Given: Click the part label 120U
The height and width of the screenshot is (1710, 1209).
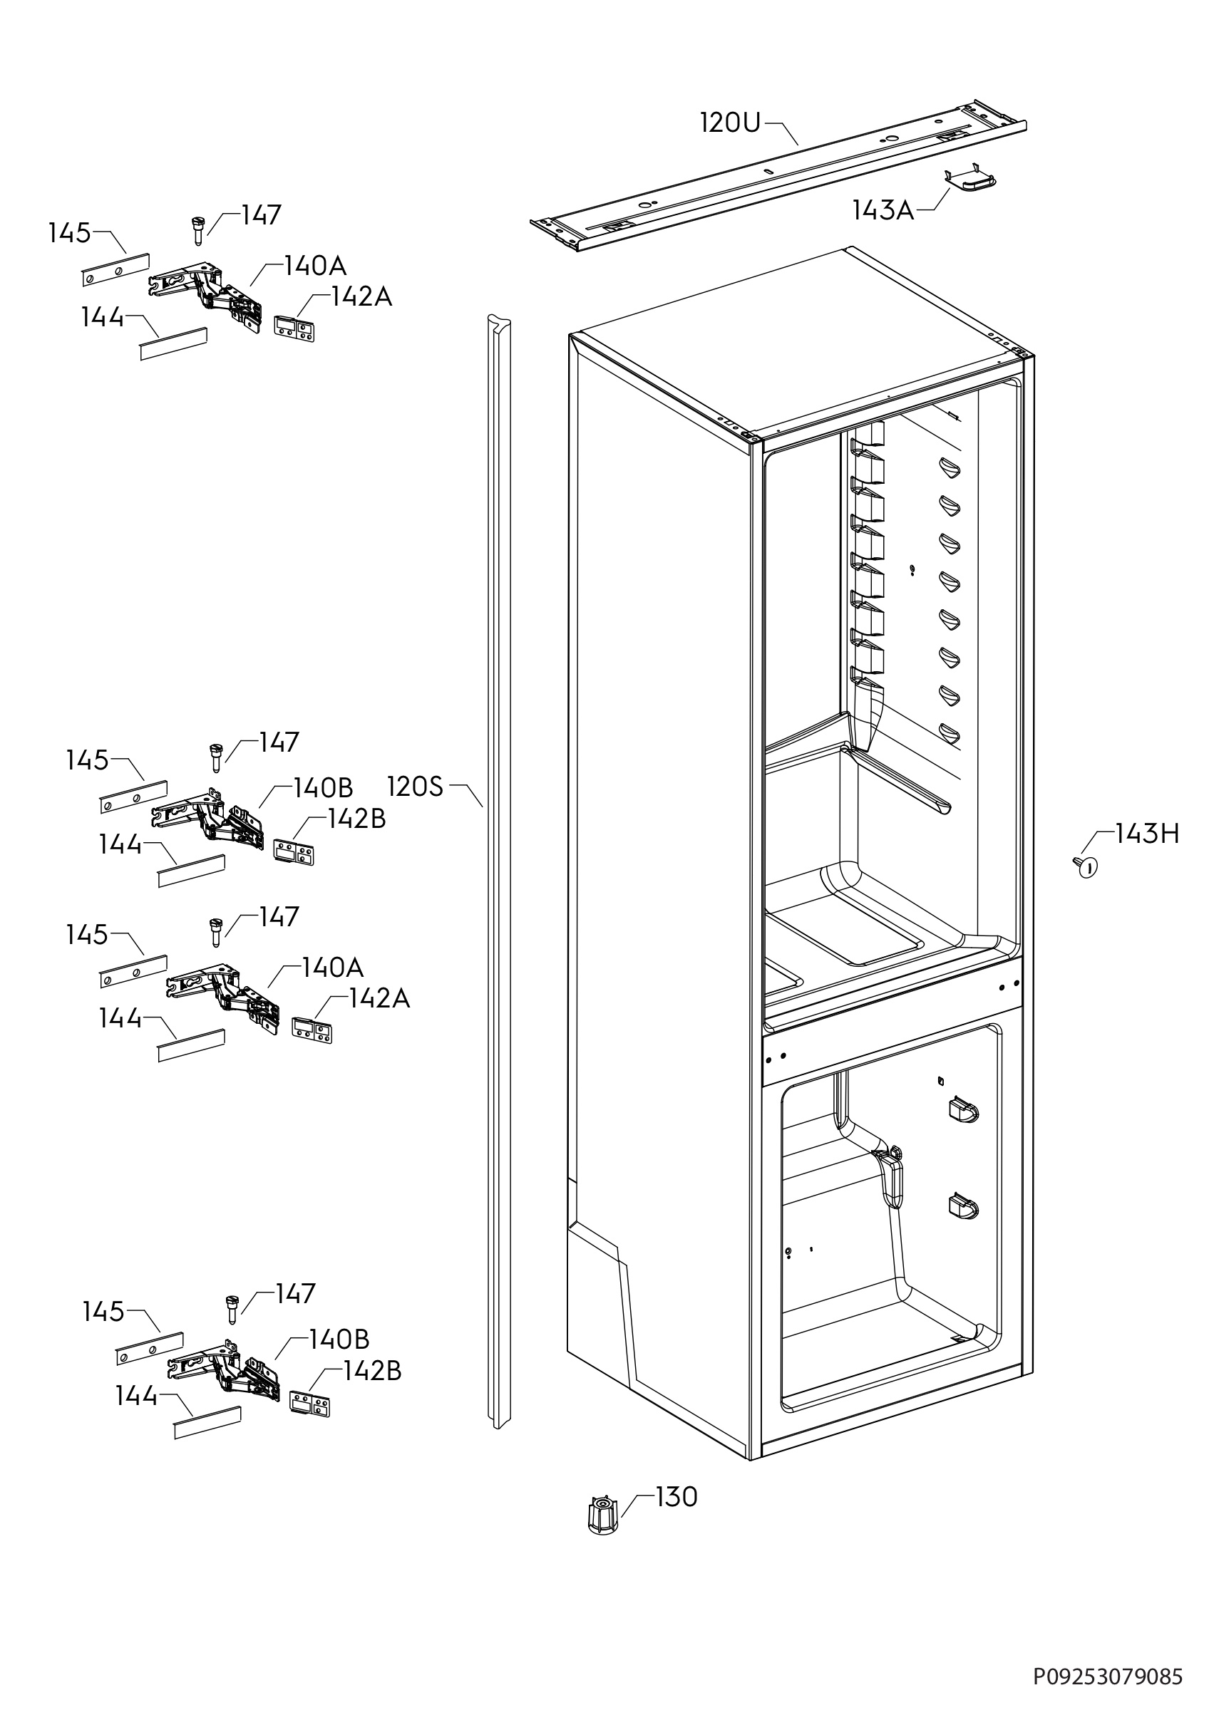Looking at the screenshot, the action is [x=730, y=123].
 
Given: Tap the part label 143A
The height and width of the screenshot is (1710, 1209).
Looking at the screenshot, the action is [x=883, y=211].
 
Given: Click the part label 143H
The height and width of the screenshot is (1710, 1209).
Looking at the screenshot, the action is [x=1147, y=834].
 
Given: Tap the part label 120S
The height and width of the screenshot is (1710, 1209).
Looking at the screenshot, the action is [x=415, y=787].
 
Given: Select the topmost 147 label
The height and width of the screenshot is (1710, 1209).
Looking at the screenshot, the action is [x=261, y=215].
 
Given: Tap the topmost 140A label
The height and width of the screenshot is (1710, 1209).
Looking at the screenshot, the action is [x=315, y=265].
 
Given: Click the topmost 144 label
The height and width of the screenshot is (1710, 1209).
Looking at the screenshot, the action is [x=103, y=317].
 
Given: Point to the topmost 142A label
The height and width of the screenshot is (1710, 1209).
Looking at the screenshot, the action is [x=361, y=296].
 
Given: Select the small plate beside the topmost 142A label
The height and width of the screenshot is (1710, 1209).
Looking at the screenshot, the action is [x=294, y=328].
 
